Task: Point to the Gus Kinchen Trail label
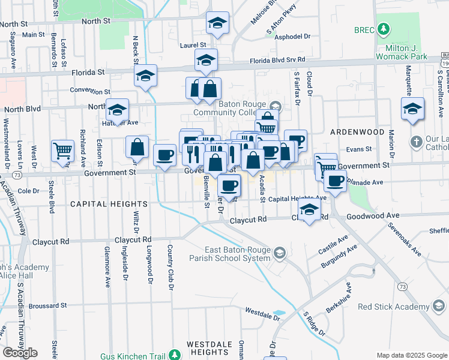click(x=131, y=356)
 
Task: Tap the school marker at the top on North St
click(x=217, y=23)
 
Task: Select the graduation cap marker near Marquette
click(x=412, y=109)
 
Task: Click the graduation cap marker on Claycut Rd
click(x=309, y=211)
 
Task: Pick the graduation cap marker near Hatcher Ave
click(x=118, y=110)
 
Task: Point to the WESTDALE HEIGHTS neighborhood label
click(x=215, y=344)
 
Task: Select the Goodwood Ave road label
click(x=373, y=215)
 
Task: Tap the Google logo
click(x=20, y=352)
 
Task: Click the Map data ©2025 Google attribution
click(x=411, y=355)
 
